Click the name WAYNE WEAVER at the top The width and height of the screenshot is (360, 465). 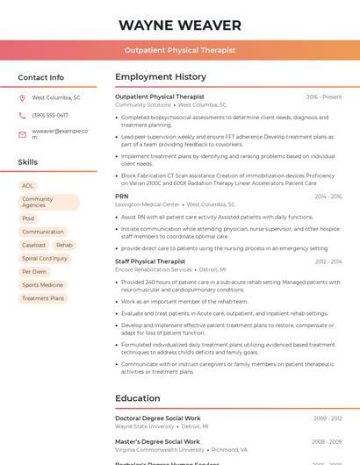point(179,25)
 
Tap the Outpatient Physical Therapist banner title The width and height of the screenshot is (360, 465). point(179,51)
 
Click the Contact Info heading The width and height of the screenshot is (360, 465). point(40,77)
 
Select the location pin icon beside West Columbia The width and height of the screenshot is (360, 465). point(22,97)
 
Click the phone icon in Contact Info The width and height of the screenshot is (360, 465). point(22,115)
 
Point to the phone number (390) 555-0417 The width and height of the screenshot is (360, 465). point(50,115)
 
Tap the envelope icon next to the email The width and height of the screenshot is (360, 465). point(22,134)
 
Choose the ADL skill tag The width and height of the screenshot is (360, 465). point(28,186)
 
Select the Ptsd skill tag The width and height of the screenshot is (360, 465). point(29,218)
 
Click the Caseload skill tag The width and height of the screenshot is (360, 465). point(33,246)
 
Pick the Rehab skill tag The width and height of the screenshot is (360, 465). point(64,246)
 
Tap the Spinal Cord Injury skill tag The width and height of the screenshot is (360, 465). point(45,259)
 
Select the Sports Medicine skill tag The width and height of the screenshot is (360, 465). point(42,285)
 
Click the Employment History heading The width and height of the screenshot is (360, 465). point(160,77)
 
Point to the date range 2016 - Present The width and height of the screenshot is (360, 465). point(324,97)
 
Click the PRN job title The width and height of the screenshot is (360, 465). point(121,197)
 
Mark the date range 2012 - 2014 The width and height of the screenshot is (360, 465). point(328,261)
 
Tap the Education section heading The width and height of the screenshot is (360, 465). point(137,398)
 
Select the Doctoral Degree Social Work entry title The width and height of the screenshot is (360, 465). point(158,418)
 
